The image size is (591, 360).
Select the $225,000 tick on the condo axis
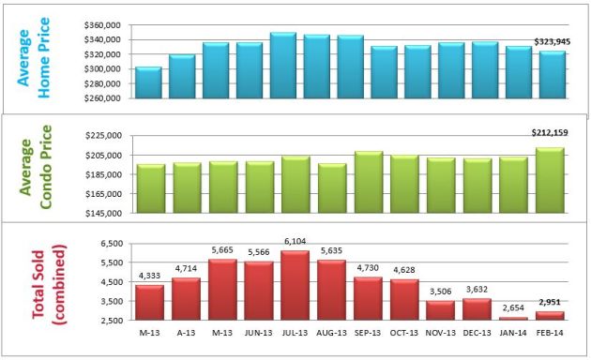pyautogui.click(x=105, y=136)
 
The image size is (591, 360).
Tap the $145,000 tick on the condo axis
pyautogui.click(x=105, y=213)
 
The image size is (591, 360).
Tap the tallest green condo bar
pyautogui.click(x=550, y=179)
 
